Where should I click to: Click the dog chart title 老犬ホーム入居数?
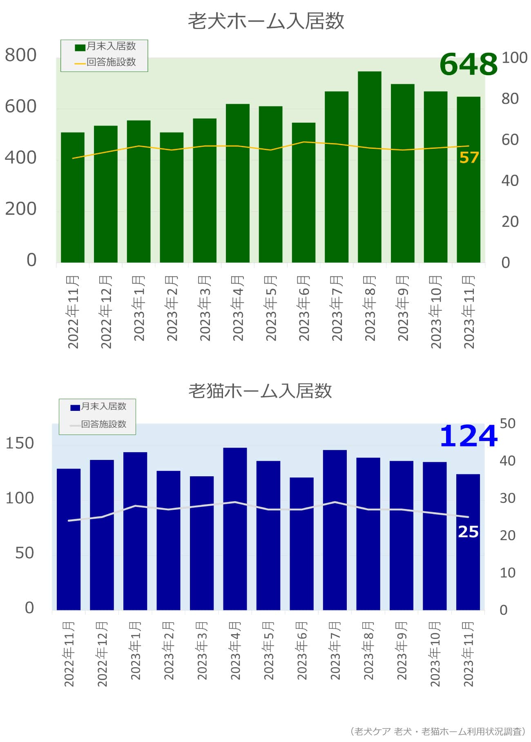266,21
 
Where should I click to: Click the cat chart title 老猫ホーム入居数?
260,391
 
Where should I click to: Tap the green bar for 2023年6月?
303,192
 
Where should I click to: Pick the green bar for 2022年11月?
73,197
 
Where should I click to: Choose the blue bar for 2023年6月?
301,543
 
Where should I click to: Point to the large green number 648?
469,65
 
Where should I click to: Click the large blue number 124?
469,436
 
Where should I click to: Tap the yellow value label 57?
469,157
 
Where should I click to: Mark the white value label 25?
468,532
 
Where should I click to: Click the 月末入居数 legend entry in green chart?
106,47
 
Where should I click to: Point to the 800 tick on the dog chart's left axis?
21,55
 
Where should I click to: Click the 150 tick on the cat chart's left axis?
20,443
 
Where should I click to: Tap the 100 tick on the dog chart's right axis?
514,58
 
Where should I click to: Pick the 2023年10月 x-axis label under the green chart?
436,312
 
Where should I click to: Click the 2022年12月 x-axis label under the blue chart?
102,654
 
